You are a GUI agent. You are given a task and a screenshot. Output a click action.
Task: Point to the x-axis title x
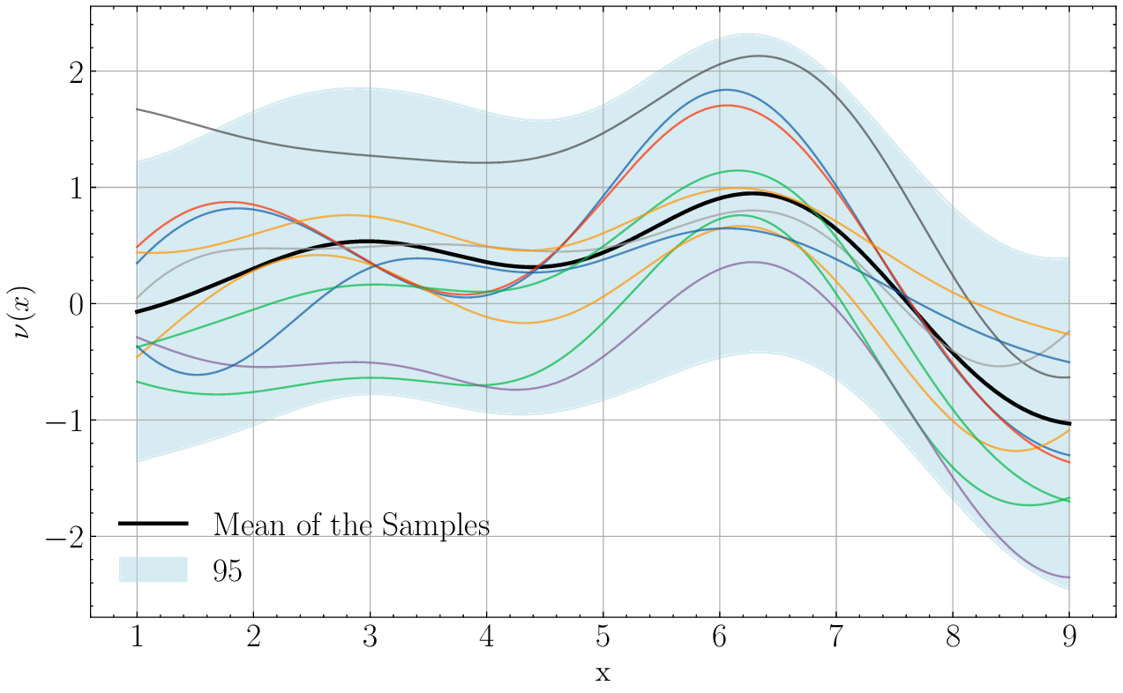(x=603, y=674)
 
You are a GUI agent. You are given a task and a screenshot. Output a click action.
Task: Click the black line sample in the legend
(x=153, y=524)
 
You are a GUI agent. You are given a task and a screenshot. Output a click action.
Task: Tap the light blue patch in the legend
(x=153, y=570)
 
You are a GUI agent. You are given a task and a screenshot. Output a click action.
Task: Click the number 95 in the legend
(x=228, y=570)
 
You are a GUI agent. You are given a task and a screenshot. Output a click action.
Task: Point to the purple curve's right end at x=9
(x=1069, y=577)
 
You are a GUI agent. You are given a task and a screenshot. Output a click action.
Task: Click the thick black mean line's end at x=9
(x=1069, y=424)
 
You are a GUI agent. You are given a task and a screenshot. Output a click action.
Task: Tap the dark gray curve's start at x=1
(x=137, y=109)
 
